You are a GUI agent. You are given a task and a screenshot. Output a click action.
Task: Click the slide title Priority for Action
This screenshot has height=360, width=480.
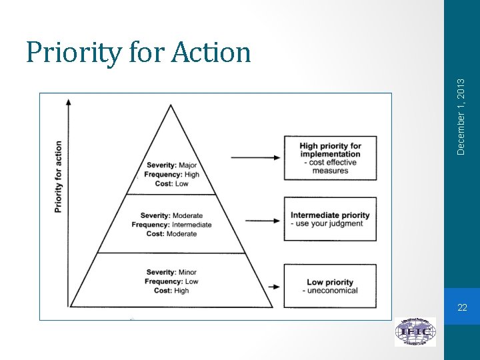click(x=138, y=52)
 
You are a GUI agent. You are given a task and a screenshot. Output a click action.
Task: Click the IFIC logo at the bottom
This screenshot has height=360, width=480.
click(x=415, y=331)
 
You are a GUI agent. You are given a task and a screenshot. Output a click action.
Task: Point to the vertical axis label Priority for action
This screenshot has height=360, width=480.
click(x=59, y=177)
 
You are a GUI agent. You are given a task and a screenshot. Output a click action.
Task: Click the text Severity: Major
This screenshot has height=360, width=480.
click(x=173, y=165)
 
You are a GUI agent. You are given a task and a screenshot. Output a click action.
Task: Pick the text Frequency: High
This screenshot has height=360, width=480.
click(x=172, y=175)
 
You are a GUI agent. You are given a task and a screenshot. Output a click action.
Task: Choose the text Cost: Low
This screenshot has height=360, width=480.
click(x=172, y=184)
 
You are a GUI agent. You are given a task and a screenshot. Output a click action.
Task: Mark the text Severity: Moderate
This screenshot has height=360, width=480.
click(x=171, y=216)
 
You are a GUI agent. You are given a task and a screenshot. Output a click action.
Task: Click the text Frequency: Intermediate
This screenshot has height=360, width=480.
click(x=171, y=225)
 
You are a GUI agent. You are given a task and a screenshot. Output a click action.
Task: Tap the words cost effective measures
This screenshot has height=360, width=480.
click(x=330, y=167)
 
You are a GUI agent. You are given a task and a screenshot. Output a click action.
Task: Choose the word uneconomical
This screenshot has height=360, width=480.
click(x=332, y=290)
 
